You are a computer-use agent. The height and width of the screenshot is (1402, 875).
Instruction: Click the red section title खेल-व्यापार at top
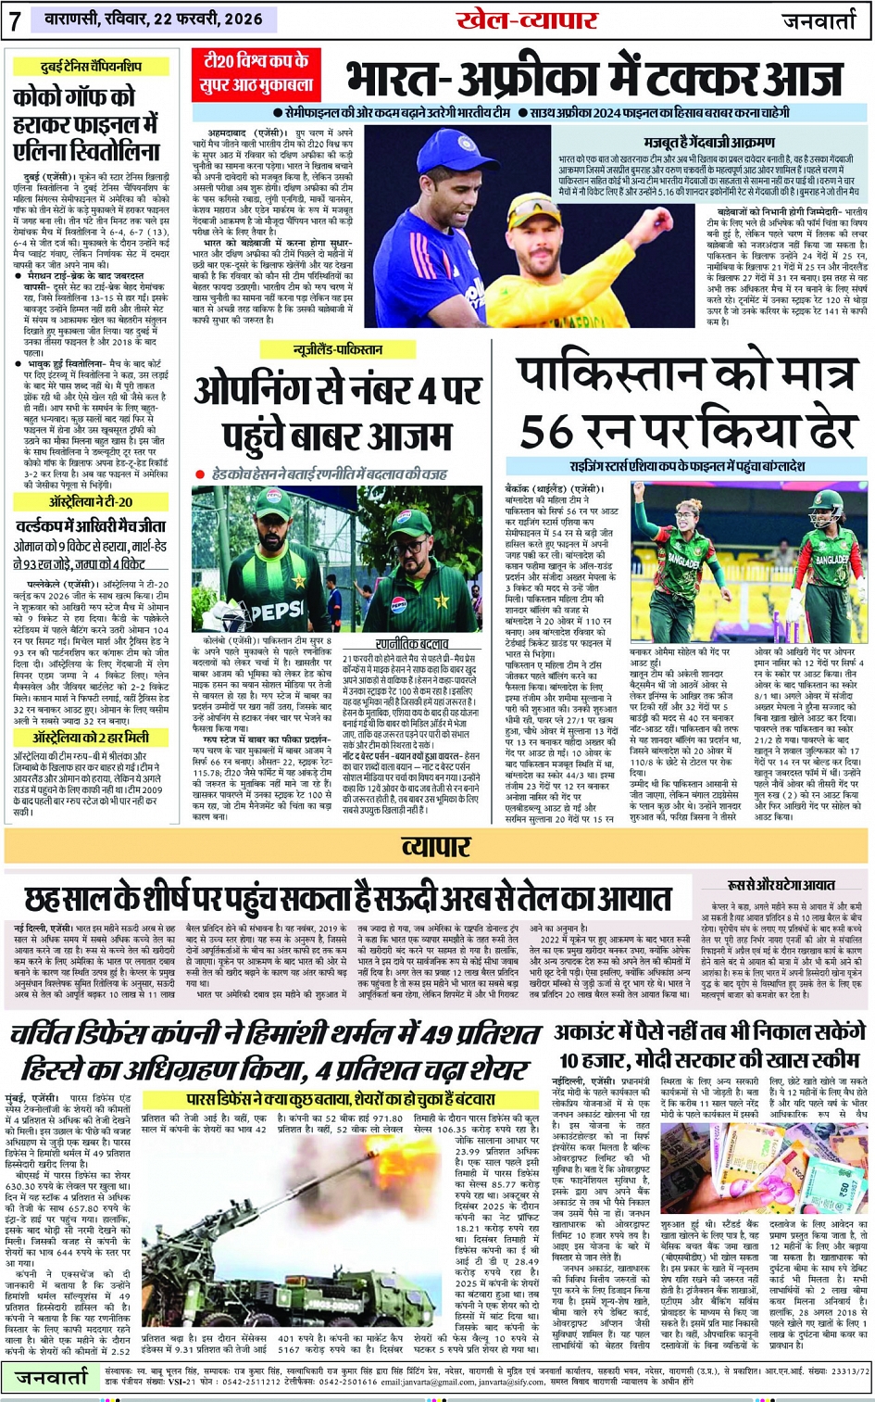click(527, 20)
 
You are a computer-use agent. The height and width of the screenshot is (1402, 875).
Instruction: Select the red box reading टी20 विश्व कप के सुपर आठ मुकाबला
click(257, 75)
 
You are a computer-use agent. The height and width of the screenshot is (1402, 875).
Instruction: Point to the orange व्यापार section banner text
click(436, 846)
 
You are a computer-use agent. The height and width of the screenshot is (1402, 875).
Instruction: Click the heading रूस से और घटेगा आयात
click(781, 885)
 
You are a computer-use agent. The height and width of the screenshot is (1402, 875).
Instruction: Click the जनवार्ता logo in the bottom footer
click(52, 1377)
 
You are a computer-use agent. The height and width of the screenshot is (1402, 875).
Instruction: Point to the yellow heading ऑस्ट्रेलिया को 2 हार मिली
click(91, 738)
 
